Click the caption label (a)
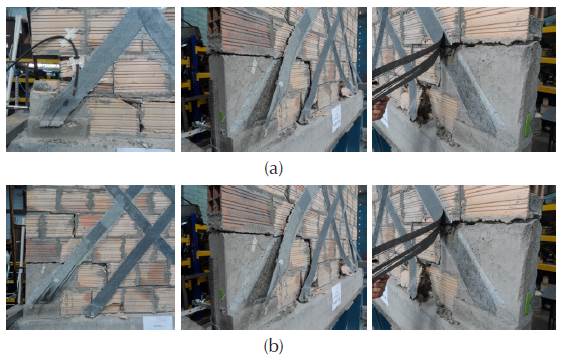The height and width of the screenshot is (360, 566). click(273, 169)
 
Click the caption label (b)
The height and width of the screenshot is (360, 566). click(273, 347)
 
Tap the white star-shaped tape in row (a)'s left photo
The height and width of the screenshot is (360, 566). click(70, 37)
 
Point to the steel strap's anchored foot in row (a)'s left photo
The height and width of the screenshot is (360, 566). click(54, 117)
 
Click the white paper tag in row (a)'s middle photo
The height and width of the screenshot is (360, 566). click(336, 118)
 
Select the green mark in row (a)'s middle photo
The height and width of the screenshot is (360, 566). click(221, 117)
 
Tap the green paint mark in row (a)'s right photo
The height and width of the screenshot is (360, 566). click(528, 125)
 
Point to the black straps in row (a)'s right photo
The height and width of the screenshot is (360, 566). click(408, 72)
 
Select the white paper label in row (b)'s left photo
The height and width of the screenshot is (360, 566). click(158, 322)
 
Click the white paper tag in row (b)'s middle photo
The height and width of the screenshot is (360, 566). click(336, 296)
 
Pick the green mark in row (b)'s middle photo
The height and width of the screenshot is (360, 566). click(221, 295)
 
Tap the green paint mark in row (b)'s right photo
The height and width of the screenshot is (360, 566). click(528, 303)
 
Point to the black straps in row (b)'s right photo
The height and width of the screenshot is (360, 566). click(408, 250)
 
